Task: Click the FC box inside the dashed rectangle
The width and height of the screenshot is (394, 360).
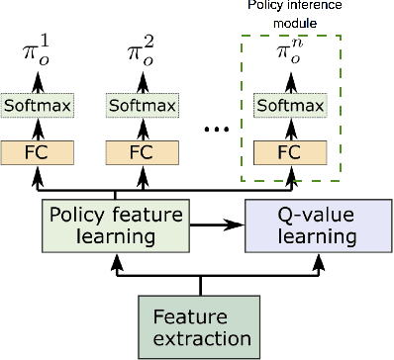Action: (x=290, y=152)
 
